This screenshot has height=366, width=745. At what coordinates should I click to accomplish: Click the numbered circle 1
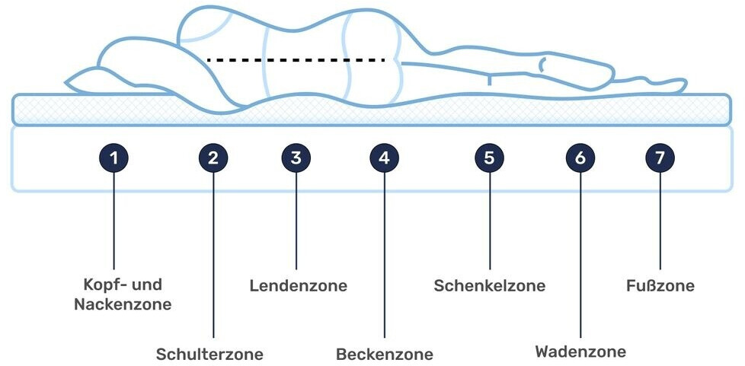pyautogui.click(x=114, y=158)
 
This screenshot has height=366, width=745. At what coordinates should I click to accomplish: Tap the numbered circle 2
pyautogui.click(x=213, y=158)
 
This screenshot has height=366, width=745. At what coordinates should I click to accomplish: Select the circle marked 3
pyautogui.click(x=296, y=158)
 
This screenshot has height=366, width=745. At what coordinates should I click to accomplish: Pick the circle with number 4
pyautogui.click(x=384, y=158)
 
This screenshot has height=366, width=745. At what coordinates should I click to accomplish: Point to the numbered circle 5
pyautogui.click(x=489, y=158)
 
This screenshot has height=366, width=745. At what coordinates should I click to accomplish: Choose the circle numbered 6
pyautogui.click(x=580, y=158)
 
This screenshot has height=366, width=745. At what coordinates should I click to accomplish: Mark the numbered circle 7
pyautogui.click(x=660, y=158)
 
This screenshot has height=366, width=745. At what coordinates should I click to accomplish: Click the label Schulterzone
pyautogui.click(x=209, y=354)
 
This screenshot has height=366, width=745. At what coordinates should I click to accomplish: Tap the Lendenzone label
pyautogui.click(x=298, y=286)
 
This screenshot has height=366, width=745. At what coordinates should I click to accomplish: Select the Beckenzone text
pyautogui.click(x=384, y=354)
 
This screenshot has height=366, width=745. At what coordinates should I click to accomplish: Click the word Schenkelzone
pyautogui.click(x=489, y=286)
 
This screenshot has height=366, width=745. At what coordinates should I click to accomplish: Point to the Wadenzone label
pyautogui.click(x=580, y=352)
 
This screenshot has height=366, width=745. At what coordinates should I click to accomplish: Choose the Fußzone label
pyautogui.click(x=660, y=286)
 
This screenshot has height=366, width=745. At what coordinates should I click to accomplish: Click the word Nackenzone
pyautogui.click(x=122, y=304)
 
